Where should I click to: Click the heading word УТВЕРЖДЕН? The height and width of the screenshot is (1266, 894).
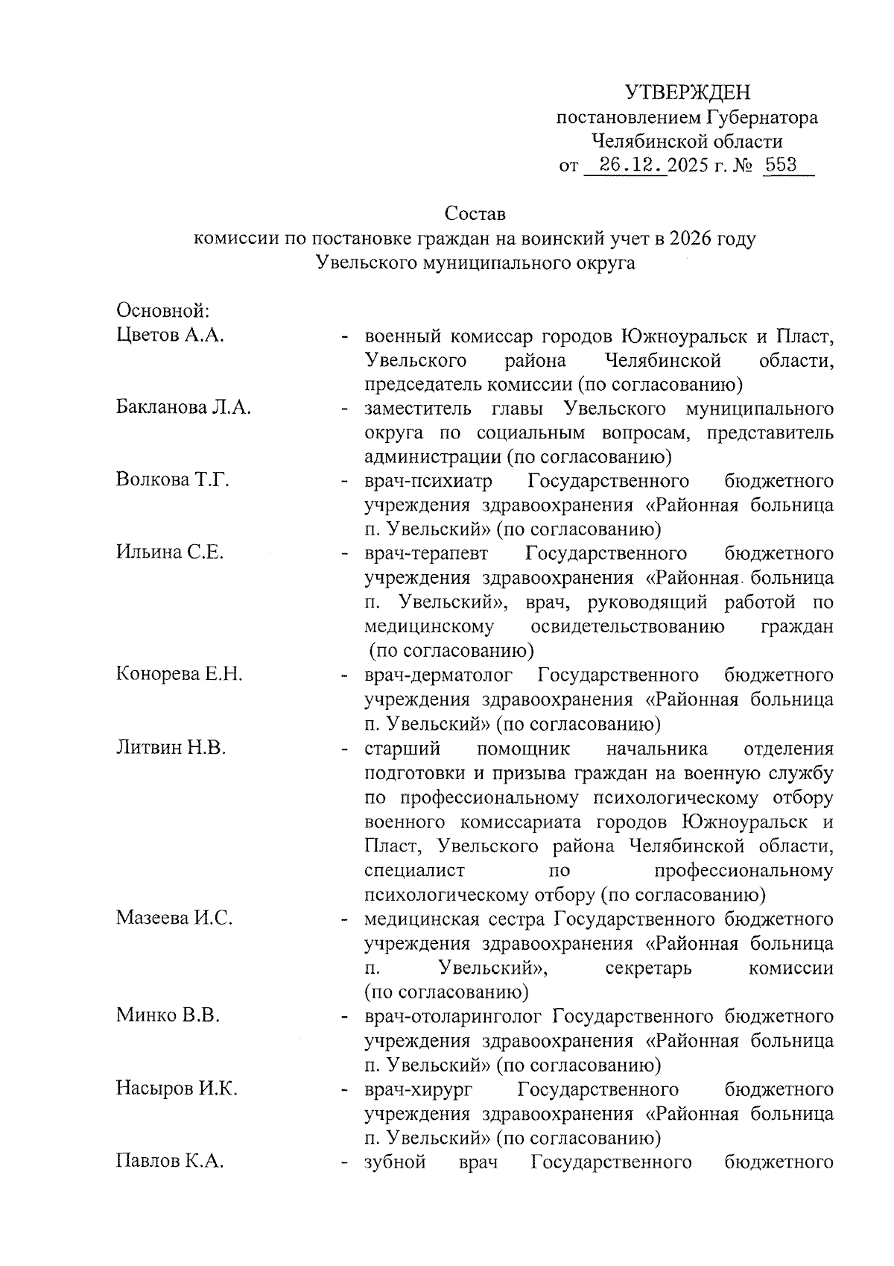click(688, 92)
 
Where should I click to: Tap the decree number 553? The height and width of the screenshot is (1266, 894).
click(781, 165)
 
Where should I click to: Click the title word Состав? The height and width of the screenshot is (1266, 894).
click(475, 214)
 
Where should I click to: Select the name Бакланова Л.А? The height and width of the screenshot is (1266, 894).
click(183, 408)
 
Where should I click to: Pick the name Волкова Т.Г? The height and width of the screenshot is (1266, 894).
click(172, 480)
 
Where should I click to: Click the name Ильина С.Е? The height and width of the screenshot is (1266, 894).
click(170, 553)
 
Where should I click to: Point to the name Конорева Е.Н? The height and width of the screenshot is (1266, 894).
click(180, 675)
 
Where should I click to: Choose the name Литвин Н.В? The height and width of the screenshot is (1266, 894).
click(171, 748)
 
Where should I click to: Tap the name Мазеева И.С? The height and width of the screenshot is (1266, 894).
click(174, 918)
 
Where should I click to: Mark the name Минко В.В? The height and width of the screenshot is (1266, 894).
click(168, 1015)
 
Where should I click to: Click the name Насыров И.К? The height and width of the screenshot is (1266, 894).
click(177, 1089)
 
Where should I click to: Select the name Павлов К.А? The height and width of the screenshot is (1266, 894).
click(170, 1162)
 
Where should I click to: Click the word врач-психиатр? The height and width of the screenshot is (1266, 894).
click(428, 481)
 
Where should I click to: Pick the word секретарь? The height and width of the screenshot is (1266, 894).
click(649, 968)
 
